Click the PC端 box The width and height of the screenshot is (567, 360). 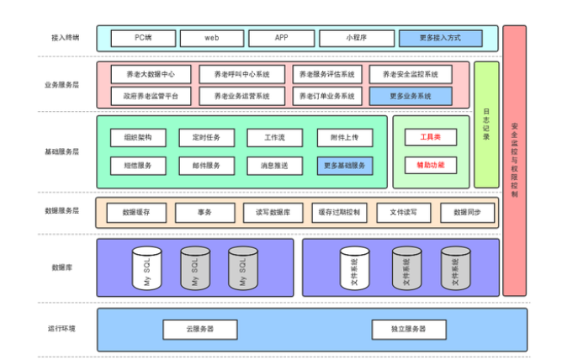click(x=143, y=39)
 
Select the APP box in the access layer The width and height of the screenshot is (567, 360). click(x=281, y=39)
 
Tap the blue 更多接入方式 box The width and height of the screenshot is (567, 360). click(x=440, y=39)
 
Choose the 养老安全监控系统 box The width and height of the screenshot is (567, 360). click(x=410, y=75)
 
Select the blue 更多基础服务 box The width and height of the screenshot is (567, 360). click(x=345, y=166)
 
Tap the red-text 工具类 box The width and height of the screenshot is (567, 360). click(x=430, y=136)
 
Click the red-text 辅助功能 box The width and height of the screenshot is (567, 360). click(x=430, y=165)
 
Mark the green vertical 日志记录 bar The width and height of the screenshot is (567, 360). click(x=486, y=124)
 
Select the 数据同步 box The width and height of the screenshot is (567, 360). click(x=467, y=213)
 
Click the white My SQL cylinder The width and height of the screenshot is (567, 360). click(x=146, y=268)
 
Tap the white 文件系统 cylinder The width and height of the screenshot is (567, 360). click(x=353, y=268)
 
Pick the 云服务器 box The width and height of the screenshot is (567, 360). click(x=199, y=329)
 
